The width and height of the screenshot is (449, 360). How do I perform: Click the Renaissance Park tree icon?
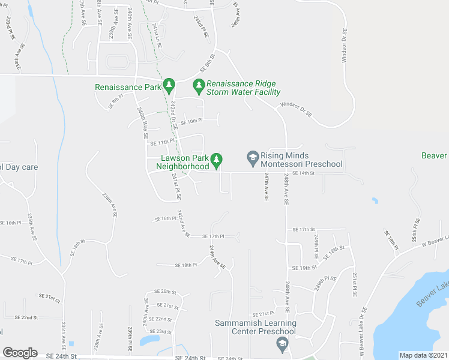(x=169, y=86)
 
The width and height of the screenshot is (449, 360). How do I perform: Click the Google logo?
(x=20, y=353)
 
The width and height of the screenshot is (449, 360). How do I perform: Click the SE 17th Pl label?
(x=213, y=236)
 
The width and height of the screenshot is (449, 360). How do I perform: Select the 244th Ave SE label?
(x=217, y=256)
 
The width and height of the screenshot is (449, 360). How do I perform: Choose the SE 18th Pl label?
(x=185, y=265)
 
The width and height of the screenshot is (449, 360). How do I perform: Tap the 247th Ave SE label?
(x=266, y=187)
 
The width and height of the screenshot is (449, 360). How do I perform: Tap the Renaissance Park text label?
(x=128, y=87)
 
